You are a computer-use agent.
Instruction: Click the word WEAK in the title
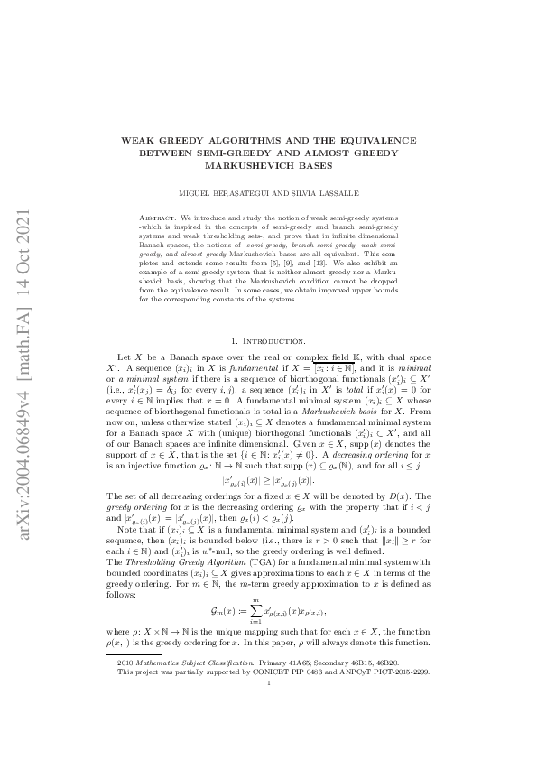[138, 141]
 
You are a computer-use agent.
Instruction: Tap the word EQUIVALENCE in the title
[372, 141]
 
